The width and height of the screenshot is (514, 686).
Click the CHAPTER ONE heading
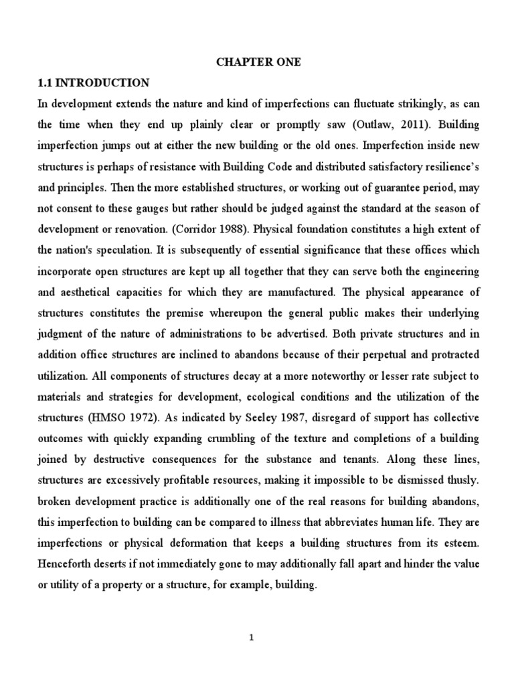point(258,62)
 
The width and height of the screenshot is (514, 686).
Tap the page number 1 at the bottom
point(251,638)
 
